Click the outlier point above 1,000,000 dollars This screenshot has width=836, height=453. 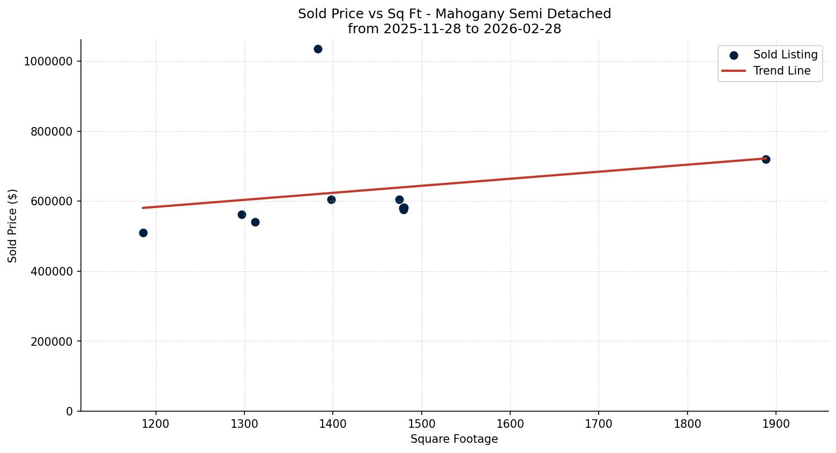(318, 49)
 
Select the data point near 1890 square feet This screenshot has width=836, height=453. (766, 159)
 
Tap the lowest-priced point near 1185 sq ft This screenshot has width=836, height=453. (143, 233)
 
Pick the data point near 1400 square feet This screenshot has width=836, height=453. (331, 199)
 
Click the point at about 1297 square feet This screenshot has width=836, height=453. (242, 214)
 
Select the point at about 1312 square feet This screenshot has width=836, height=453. (255, 222)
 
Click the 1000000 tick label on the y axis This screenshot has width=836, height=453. (48, 62)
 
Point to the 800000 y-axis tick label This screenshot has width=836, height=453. (51, 131)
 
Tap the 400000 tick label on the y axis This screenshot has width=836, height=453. (51, 271)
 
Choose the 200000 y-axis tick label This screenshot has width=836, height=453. (51, 341)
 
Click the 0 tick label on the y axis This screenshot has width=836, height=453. (70, 411)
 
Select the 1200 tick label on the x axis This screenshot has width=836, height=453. (156, 424)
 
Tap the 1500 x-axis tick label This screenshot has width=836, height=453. (421, 424)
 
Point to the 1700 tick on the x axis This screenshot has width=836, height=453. (599, 424)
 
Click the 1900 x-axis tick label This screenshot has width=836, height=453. (775, 424)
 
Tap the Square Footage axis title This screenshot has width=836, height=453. (454, 440)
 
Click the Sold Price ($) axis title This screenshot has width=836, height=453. (13, 226)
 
